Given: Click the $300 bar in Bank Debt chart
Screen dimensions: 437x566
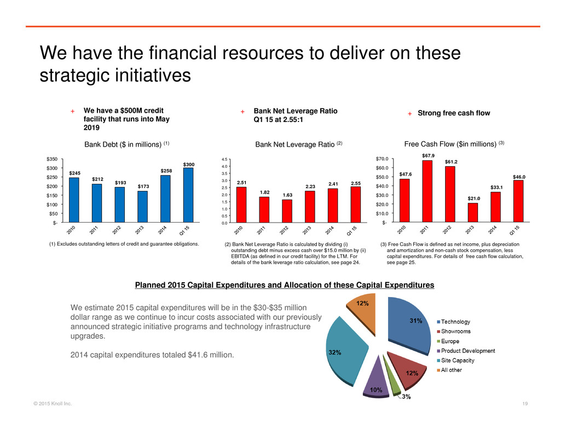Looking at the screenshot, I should point(188,194).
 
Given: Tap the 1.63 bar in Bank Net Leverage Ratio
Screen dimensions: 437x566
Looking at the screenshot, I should point(287,211).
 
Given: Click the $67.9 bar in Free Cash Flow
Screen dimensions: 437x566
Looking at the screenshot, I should point(427,191).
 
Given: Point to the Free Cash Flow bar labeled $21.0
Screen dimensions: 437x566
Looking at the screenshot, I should point(472,212).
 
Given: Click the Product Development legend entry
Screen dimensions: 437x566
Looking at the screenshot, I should point(468,351).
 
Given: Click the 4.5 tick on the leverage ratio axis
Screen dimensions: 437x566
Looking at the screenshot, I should point(224,159).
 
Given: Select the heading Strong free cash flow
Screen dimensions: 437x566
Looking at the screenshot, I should point(454,113).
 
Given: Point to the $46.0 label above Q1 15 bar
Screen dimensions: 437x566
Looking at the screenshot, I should point(518,176).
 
